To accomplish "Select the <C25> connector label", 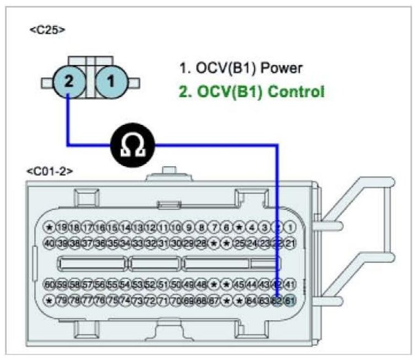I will click(x=47, y=29).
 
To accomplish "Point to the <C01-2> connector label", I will click(x=50, y=172).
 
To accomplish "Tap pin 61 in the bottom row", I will click(x=291, y=301).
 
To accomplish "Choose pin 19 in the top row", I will click(x=62, y=226).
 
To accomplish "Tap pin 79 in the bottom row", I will click(x=62, y=301).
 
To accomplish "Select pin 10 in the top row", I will click(x=176, y=226).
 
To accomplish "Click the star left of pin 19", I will click(x=49, y=226).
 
